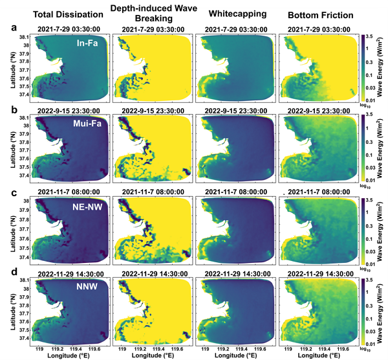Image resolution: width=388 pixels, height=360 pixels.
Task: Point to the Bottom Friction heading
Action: [x=318, y=14]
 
